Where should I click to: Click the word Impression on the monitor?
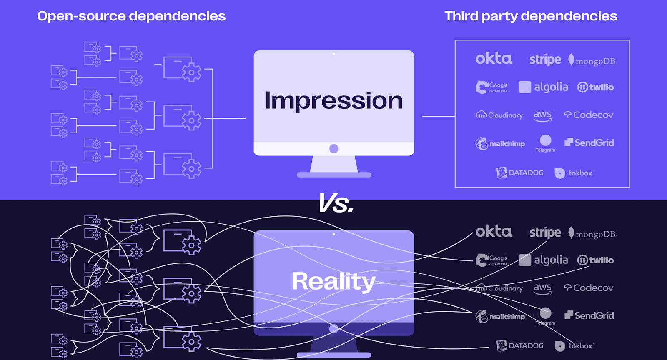pyautogui.click(x=333, y=101)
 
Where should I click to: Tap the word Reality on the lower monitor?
pyautogui.click(x=333, y=281)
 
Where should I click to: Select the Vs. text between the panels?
pyautogui.click(x=336, y=204)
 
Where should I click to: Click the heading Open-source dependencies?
pyautogui.click(x=131, y=16)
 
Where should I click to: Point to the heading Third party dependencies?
pyautogui.click(x=531, y=16)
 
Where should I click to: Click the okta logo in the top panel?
pyautogui.click(x=494, y=59)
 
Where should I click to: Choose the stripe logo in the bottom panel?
pyautogui.click(x=545, y=232)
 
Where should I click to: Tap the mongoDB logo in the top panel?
pyautogui.click(x=592, y=61)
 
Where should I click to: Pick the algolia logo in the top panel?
pyautogui.click(x=544, y=87)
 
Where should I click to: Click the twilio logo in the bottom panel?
pyautogui.click(x=595, y=260)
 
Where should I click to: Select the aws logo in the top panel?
pyautogui.click(x=542, y=116)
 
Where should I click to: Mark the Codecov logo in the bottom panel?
pyautogui.click(x=589, y=288)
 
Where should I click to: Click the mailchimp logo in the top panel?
pyautogui.click(x=500, y=144)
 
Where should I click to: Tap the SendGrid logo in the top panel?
pyautogui.click(x=589, y=143)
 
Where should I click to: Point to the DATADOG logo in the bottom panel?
pyautogui.click(x=520, y=345)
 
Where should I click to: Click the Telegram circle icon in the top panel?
pyautogui.click(x=545, y=140)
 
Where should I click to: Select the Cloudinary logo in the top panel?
pyautogui.click(x=499, y=115)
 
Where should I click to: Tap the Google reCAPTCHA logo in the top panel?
pyautogui.click(x=492, y=87)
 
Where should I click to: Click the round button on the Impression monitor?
pyautogui.click(x=333, y=149)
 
